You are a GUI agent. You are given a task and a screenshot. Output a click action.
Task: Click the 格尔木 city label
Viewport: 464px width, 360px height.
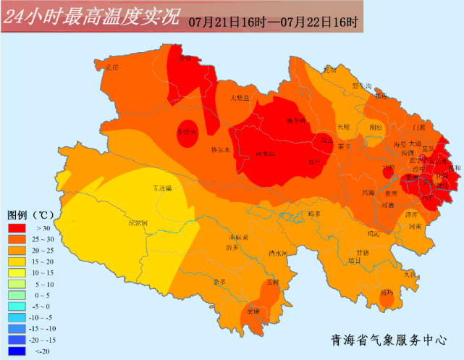[219, 151]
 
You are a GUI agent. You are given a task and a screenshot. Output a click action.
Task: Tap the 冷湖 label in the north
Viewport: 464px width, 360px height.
[185, 58]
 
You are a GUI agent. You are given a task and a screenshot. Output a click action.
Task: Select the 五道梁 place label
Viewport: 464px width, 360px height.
[163, 188]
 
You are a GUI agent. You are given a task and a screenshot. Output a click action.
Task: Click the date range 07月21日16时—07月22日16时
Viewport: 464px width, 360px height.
[273, 21]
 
